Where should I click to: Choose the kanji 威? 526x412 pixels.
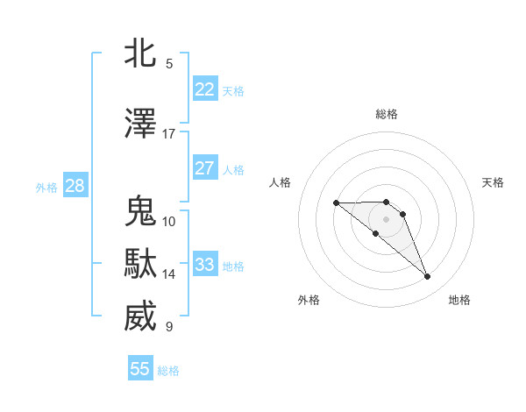pyautogui.click(x=140, y=316)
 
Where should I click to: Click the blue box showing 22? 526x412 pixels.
pyautogui.click(x=204, y=89)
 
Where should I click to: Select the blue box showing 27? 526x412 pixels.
pyautogui.click(x=204, y=168)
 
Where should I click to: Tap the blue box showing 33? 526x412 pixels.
pyautogui.click(x=204, y=265)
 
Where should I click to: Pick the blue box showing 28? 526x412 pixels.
pyautogui.click(x=75, y=186)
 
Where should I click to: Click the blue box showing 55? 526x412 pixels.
pyautogui.click(x=140, y=369)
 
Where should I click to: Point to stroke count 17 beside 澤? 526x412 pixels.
pyautogui.click(x=168, y=134)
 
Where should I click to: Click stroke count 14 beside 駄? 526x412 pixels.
pyautogui.click(x=168, y=274)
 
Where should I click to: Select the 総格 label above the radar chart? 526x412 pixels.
pyautogui.click(x=387, y=114)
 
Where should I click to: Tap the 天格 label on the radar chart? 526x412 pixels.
pyautogui.click(x=493, y=182)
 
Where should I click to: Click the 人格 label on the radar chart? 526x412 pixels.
pyautogui.click(x=280, y=182)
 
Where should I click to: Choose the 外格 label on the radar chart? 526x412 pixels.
pyautogui.click(x=309, y=300)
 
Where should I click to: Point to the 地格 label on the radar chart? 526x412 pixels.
pyautogui.click(x=459, y=300)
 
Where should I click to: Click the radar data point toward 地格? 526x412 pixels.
pyautogui.click(x=428, y=277)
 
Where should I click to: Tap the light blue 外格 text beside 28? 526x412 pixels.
pyautogui.click(x=46, y=187)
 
